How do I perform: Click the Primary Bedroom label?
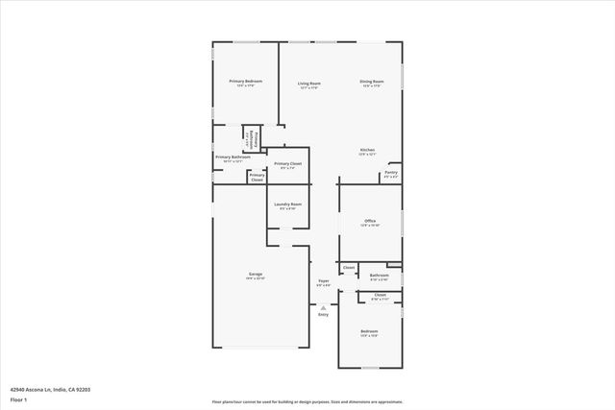(x=245, y=82)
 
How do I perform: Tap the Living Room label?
(x=308, y=84)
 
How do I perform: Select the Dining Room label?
(x=372, y=82)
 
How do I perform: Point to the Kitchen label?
(x=367, y=151)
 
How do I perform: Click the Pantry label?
(x=391, y=173)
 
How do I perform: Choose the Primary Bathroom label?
(x=234, y=157)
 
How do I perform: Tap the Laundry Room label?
(x=288, y=205)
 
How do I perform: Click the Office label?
(x=370, y=221)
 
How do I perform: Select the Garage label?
(x=256, y=275)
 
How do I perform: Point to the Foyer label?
(x=324, y=281)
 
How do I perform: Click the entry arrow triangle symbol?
(x=323, y=306)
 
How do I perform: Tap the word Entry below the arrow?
(x=323, y=314)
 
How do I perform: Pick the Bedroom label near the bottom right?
(x=370, y=331)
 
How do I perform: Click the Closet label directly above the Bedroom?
(x=380, y=296)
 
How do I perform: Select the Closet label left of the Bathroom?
(x=349, y=267)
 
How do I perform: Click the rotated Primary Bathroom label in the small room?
(x=252, y=140)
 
